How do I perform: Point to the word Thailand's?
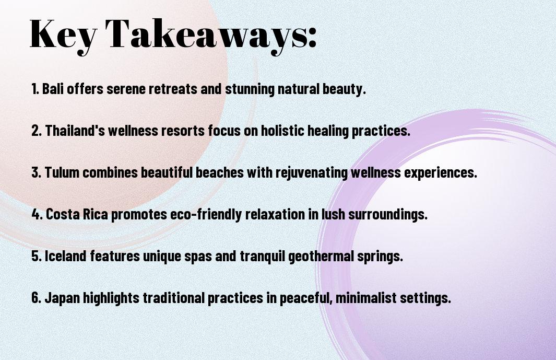tap(75, 130)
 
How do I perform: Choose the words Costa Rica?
tap(77, 214)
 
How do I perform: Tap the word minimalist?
tap(366, 297)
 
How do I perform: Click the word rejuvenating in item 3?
tap(311, 172)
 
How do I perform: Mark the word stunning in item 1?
tap(250, 89)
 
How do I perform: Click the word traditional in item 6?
tap(174, 297)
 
